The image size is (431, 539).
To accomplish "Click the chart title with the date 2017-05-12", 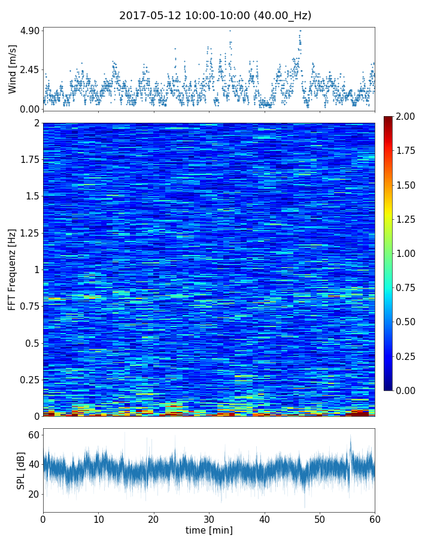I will coord(215,16).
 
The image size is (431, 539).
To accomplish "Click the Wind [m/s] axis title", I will coord(13,69).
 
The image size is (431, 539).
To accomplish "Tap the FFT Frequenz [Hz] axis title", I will coord(13,269).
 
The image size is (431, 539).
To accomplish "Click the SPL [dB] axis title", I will coord(22,470).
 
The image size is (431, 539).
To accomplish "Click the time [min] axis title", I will coord(209,530).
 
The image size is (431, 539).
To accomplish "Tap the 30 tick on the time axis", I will coord(209,518).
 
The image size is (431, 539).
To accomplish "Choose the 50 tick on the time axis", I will coord(320,518).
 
